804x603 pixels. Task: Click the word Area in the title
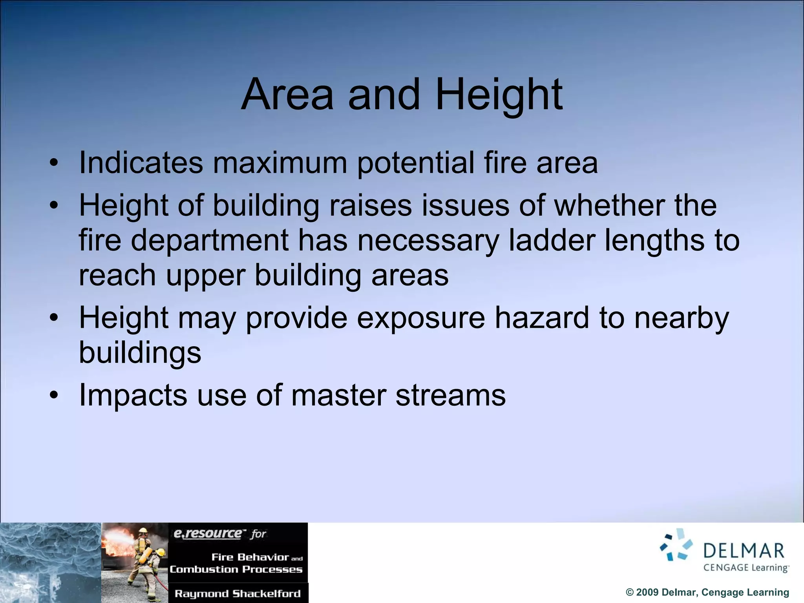click(x=287, y=95)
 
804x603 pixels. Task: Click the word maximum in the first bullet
click(x=280, y=163)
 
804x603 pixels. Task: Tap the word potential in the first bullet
click(x=415, y=163)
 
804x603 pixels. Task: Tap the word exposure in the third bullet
click(x=420, y=318)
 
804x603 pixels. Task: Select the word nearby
click(x=682, y=318)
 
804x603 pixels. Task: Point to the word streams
click(x=450, y=395)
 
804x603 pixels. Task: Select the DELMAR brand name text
click(x=744, y=551)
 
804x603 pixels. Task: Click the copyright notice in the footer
click(x=707, y=592)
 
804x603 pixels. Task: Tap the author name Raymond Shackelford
click(x=238, y=594)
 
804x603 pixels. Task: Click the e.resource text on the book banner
click(x=208, y=534)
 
